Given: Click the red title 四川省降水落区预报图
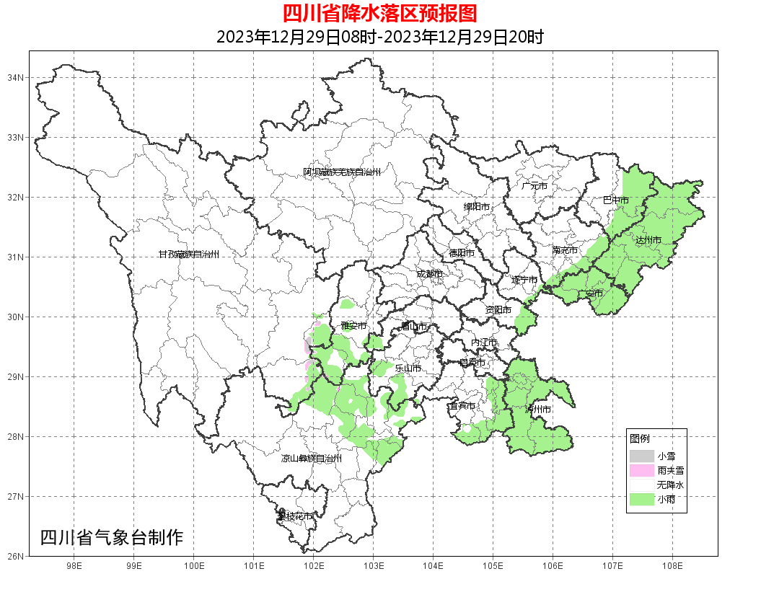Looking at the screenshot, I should click(x=380, y=13).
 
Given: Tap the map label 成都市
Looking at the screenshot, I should click(x=429, y=274).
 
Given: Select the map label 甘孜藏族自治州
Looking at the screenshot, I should click(x=188, y=255).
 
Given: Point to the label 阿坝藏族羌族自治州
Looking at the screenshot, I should click(x=341, y=172).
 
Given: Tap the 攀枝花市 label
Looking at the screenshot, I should click(x=295, y=516).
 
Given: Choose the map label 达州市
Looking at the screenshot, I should click(x=648, y=239).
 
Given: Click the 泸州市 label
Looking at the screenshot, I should click(x=538, y=409).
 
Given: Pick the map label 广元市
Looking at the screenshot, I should click(x=535, y=186).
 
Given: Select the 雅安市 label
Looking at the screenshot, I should click(x=353, y=326).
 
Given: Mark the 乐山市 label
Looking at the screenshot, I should click(x=408, y=368).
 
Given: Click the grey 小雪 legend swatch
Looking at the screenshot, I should click(x=641, y=456).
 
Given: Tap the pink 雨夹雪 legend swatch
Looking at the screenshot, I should click(x=641, y=470).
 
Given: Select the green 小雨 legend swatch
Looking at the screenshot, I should click(x=641, y=500).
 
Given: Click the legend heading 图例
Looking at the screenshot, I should click(x=639, y=438).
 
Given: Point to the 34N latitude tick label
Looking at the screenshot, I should click(x=17, y=77).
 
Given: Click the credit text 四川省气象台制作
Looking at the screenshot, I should click(x=112, y=537).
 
